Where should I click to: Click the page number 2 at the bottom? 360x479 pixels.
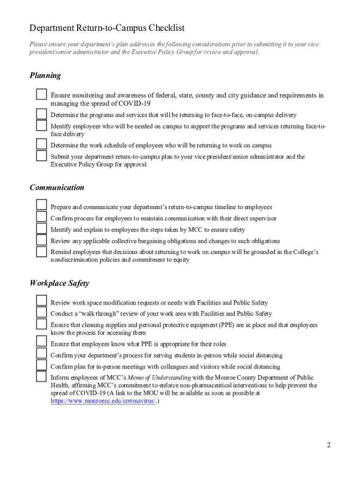point(329,445)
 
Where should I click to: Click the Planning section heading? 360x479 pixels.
point(45,75)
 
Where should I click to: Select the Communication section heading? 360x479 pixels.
point(57,188)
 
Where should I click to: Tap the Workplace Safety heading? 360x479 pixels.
point(59,283)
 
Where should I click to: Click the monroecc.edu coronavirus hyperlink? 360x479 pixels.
point(103,401)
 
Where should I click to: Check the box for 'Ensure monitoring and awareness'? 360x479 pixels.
point(42,94)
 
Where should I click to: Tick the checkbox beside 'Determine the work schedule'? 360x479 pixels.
point(42,144)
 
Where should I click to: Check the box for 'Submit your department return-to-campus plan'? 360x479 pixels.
point(42,156)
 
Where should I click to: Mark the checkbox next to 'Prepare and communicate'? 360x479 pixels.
point(42,205)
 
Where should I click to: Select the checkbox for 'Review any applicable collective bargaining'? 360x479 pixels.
point(42,240)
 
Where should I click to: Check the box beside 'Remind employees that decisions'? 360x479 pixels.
point(42,252)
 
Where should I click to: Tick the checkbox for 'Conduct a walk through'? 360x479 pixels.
point(42,312)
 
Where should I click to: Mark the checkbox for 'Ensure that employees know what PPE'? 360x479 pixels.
point(42,342)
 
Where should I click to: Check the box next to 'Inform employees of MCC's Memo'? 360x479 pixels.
point(42,377)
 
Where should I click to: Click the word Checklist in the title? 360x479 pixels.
point(166,29)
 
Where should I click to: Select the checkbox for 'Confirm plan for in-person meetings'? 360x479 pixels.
point(42,365)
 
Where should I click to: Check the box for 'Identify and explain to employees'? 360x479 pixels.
point(42,229)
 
